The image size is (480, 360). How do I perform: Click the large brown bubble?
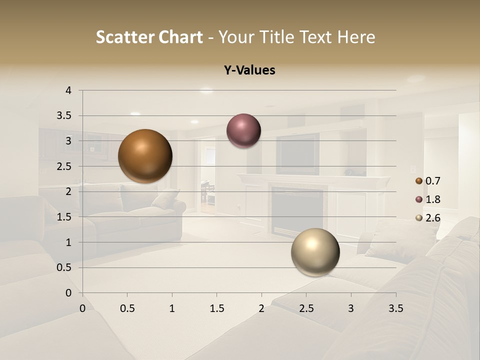coord(145,156)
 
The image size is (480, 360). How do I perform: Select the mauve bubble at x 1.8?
coord(243,131)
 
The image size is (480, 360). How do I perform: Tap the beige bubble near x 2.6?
coord(315,252)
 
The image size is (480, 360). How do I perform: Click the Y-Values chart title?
coord(249,70)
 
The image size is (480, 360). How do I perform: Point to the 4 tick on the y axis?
coord(68,90)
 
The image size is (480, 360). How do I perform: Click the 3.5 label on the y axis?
coord(64,116)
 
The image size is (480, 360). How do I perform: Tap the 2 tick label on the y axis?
coord(68,191)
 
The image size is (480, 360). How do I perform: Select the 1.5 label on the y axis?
coord(64,217)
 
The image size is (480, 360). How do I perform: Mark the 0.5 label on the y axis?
coord(64,267)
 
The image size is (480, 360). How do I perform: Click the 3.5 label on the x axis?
coord(395,309)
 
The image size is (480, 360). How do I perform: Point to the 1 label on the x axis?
coord(172,309)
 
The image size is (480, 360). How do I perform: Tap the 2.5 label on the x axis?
coord(306,309)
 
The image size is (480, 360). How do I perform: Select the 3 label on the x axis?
coord(350,309)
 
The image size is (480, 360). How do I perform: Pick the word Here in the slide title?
coord(356,37)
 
